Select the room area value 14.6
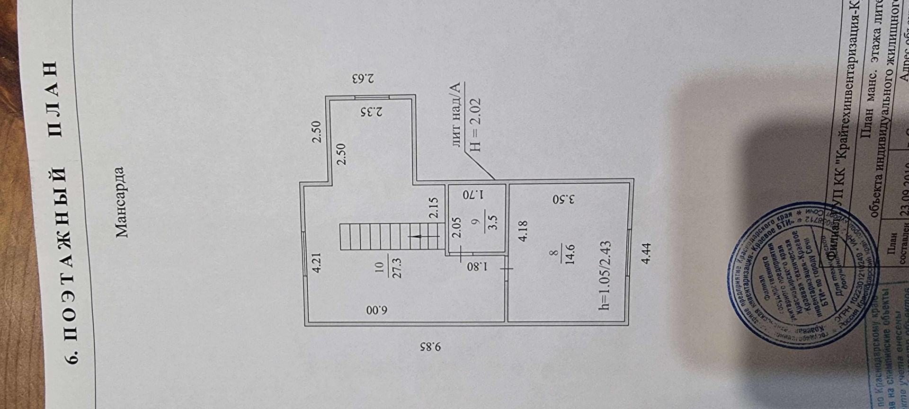tap(569, 254)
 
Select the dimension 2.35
tap(372, 112)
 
